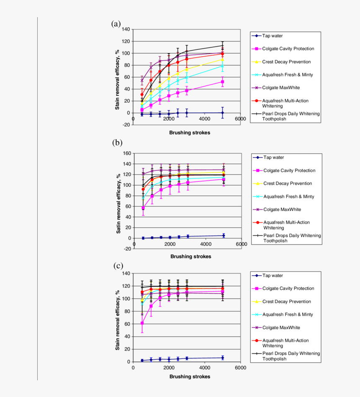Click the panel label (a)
pos(116,24)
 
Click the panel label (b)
pos(117,142)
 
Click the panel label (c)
pos(118,266)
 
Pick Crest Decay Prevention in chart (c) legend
pos(287,302)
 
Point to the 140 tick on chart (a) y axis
pos(125,30)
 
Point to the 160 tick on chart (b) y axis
pos(125,153)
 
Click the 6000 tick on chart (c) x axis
pos(240,368)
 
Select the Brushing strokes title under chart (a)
pos(190,133)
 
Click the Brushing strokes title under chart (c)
pos(190,376)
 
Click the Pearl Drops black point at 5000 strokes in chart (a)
pos(222,46)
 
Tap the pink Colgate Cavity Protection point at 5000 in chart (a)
pos(222,82)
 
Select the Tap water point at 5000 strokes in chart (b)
pos(224,235)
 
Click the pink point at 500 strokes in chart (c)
pos(142,323)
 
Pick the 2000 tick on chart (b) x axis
pos(170,244)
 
